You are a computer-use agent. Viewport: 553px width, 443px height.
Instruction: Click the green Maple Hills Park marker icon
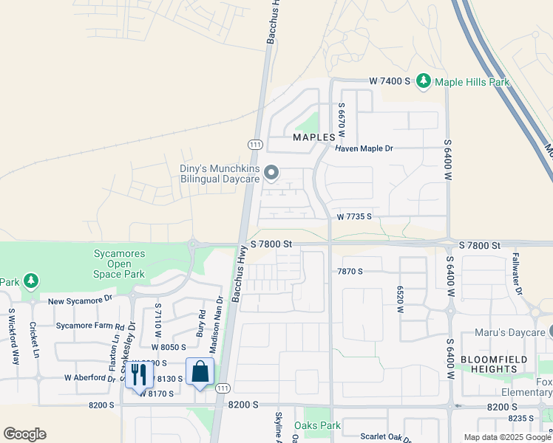click(424, 80)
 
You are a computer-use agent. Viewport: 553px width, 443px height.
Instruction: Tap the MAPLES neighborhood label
click(319, 137)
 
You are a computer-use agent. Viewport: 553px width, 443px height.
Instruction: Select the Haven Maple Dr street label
click(364, 148)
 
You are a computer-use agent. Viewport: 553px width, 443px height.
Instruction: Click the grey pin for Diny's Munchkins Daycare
click(271, 174)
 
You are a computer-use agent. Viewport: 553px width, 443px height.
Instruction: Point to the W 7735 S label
click(354, 217)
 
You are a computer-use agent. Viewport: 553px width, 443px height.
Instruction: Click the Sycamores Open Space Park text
click(119, 264)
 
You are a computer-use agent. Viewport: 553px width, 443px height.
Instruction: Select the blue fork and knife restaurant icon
click(138, 375)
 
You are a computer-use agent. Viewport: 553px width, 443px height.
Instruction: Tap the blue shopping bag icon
click(200, 371)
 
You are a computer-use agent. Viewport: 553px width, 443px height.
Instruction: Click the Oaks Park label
click(317, 425)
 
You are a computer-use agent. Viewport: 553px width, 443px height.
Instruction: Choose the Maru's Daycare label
click(509, 333)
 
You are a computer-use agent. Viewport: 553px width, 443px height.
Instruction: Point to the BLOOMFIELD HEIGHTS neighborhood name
click(488, 363)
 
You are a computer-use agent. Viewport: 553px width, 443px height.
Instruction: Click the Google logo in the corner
click(24, 434)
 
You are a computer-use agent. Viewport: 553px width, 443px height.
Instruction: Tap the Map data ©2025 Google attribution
click(506, 437)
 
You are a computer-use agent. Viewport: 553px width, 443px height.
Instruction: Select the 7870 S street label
click(350, 272)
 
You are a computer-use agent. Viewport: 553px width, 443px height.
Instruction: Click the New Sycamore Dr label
click(80, 301)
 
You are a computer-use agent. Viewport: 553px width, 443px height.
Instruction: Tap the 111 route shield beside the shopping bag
click(222, 388)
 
